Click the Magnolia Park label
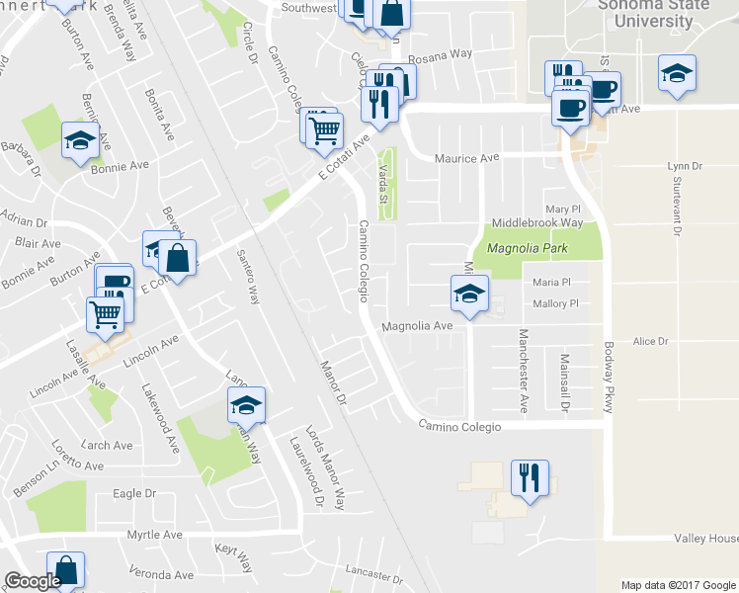(524, 248)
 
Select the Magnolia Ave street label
(417, 325)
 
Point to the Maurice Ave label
(467, 158)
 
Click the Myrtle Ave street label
(155, 535)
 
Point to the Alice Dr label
(651, 341)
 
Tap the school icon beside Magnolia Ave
(469, 292)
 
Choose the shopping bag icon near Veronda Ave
(65, 570)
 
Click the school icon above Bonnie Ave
(79, 140)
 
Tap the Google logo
(33, 581)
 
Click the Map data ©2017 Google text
(677, 585)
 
